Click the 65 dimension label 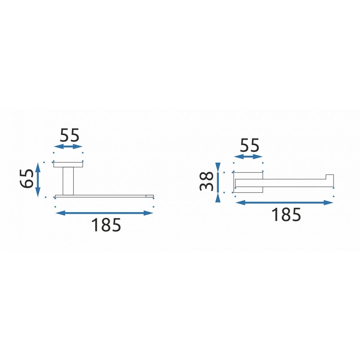tap(27, 179)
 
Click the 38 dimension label tap(206, 181)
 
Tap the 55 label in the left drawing tap(69, 135)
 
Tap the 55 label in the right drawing tap(249, 145)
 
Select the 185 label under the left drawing tap(106, 225)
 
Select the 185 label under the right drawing tap(286, 215)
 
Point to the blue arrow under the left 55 tap(68, 147)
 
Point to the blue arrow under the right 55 tap(248, 157)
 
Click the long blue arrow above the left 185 tap(104, 213)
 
